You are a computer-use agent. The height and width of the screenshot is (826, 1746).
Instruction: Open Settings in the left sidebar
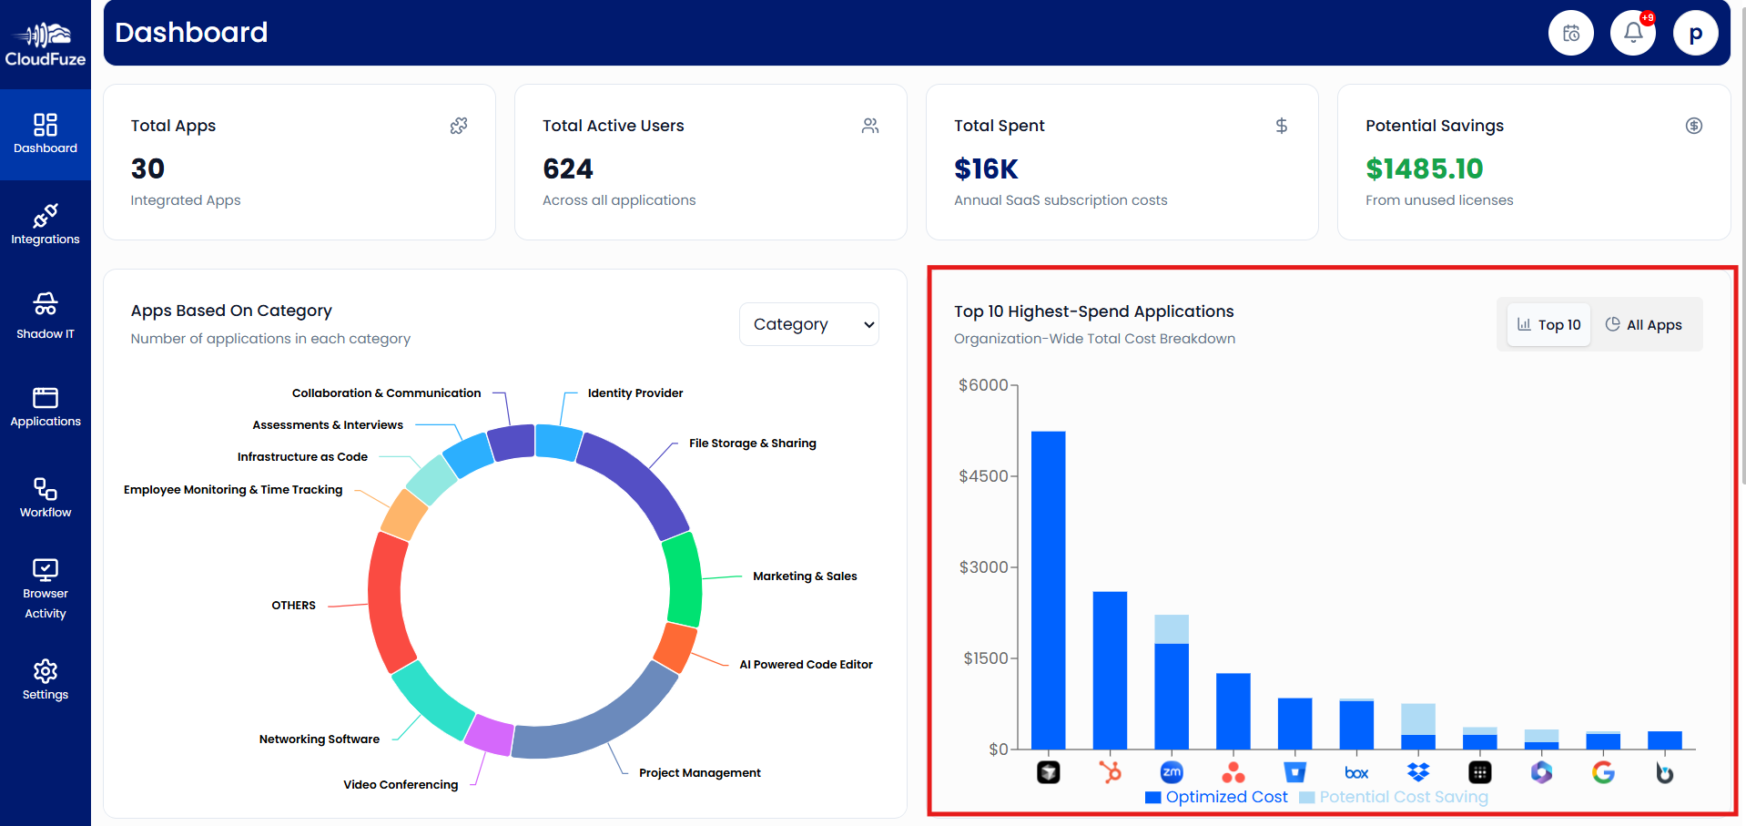(46, 680)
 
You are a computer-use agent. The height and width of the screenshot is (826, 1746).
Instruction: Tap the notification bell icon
(1633, 34)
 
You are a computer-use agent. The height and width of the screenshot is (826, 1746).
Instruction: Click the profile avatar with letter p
(1695, 34)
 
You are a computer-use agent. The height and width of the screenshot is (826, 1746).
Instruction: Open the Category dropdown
(808, 324)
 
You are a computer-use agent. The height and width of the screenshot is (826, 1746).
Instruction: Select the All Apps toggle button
(1644, 325)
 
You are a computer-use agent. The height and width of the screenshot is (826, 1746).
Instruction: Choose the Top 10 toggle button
(1549, 325)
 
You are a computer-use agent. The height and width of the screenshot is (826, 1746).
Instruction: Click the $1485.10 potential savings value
(1424, 169)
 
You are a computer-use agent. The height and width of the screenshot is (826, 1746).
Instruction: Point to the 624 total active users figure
(567, 169)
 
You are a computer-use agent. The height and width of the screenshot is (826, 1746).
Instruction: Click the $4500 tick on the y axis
(983, 476)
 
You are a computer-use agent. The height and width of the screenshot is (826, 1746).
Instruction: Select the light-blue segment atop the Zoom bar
(1172, 629)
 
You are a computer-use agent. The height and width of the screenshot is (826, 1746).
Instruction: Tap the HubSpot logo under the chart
(1110, 772)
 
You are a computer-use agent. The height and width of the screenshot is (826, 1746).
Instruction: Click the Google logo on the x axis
(1603, 772)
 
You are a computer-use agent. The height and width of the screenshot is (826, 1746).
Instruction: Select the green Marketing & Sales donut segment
(685, 579)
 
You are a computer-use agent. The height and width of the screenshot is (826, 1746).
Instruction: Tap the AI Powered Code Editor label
(806, 665)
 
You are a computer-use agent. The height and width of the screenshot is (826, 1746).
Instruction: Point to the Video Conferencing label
(401, 785)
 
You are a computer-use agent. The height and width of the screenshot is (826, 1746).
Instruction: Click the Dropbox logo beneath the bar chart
(1418, 772)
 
